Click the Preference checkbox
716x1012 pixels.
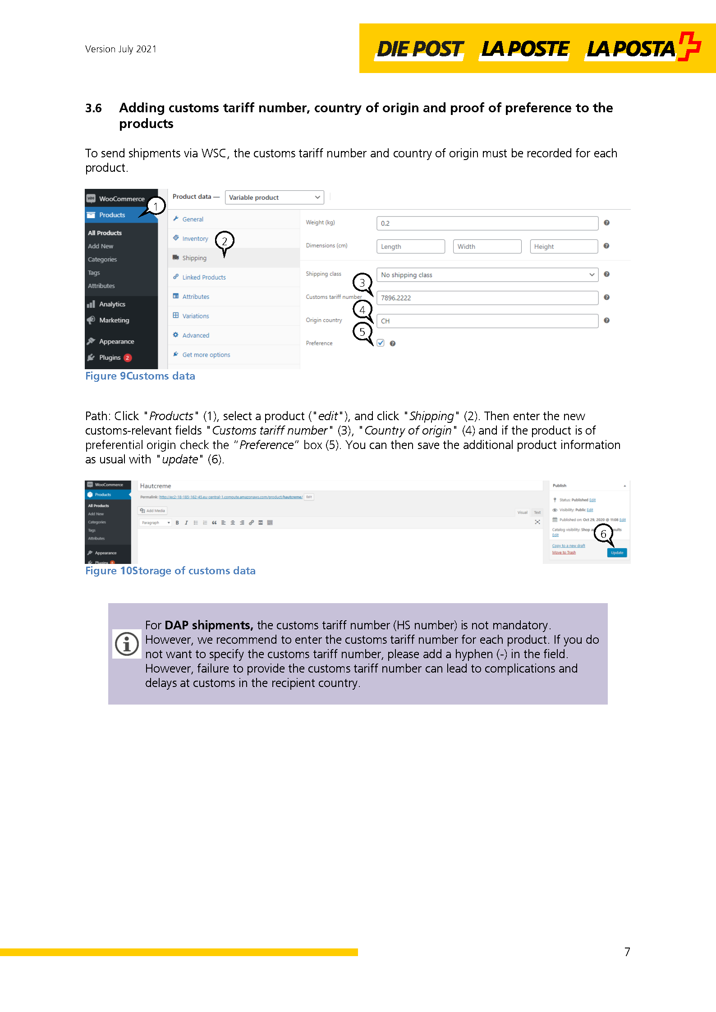coord(381,343)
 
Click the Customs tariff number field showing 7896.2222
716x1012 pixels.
coord(487,298)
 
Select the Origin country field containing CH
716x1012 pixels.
coord(487,321)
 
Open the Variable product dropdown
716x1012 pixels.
coord(274,197)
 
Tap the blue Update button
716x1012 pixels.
coord(617,553)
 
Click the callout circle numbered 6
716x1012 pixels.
coord(603,534)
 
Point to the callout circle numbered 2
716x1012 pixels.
coord(225,241)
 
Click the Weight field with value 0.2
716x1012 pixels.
coord(487,223)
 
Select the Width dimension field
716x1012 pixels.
coord(487,247)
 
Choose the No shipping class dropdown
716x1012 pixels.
coord(487,275)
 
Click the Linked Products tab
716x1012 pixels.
coord(204,277)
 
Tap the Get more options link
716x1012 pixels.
coord(206,355)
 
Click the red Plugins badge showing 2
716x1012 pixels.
coord(128,357)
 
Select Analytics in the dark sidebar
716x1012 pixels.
coord(112,304)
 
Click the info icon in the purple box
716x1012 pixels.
coord(127,644)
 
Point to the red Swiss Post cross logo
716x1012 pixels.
coord(689,46)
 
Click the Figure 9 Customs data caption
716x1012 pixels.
coord(140,376)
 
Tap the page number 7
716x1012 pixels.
coord(627,952)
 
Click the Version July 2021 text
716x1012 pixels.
coord(121,49)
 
